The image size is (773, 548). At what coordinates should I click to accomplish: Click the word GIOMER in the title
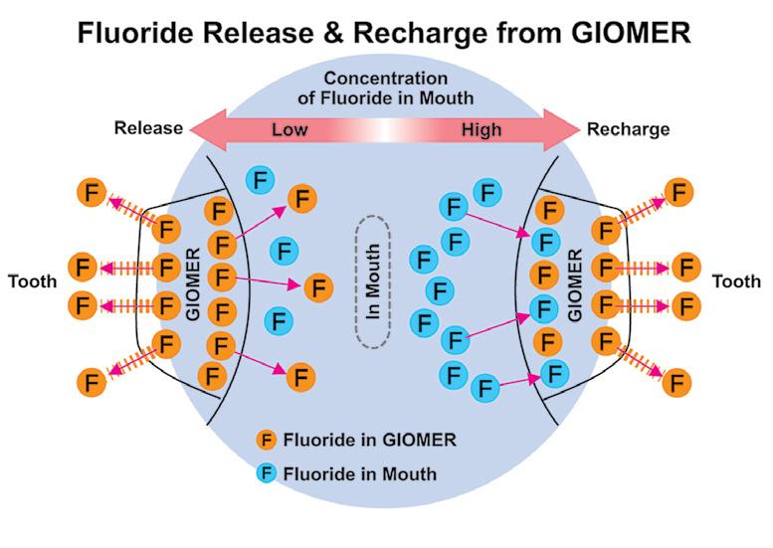point(631,33)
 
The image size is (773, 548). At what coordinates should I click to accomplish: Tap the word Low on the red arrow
point(290,130)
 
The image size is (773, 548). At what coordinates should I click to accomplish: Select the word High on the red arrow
point(482,130)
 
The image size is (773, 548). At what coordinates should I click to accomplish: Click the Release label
point(148,128)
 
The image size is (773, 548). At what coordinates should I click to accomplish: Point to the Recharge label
point(628,129)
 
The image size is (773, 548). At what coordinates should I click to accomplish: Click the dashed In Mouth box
point(373,281)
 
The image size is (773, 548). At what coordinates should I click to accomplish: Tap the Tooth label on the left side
point(33,281)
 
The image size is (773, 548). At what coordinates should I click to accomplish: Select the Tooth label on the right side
point(736,281)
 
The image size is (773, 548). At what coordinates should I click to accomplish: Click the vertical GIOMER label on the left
point(193,284)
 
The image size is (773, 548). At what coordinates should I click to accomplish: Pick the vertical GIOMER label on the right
point(575,285)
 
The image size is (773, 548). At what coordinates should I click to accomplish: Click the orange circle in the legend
point(267,440)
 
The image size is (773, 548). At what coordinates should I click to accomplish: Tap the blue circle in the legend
point(267,473)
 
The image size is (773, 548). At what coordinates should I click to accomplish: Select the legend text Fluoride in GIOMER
point(370,440)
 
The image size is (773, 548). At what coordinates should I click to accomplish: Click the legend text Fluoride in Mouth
point(360,474)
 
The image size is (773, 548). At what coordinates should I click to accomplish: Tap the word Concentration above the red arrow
point(386,79)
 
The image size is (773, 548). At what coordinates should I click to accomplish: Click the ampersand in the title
point(332,33)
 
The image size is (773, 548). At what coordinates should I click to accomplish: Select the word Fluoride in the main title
point(135,33)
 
